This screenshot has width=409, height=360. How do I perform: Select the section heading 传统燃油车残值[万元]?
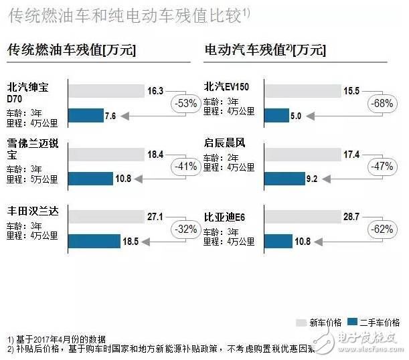(72, 50)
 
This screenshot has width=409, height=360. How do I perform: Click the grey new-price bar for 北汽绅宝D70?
(106, 91)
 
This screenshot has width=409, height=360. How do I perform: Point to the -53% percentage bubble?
(184, 103)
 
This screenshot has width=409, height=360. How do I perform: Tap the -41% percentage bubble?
(184, 167)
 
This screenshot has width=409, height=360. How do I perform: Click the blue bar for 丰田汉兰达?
(94, 241)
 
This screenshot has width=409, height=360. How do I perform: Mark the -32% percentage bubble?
(184, 229)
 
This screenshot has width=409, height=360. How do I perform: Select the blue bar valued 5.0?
(276, 116)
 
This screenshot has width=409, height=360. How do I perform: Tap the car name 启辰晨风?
(225, 143)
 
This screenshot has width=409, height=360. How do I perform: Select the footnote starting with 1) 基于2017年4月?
(57, 339)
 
